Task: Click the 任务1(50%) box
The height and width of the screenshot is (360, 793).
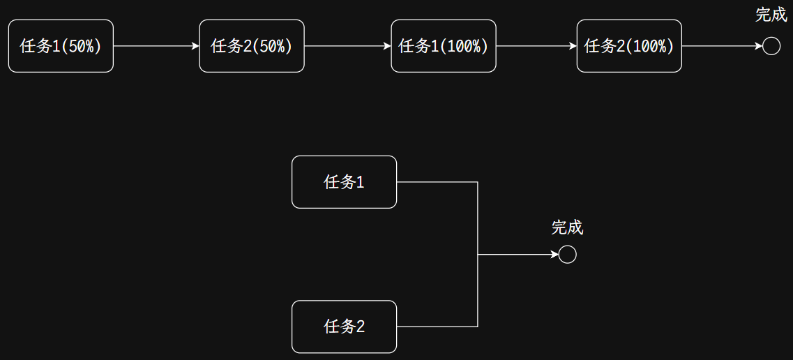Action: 61,46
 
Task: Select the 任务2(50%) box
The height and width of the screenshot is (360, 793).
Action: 252,46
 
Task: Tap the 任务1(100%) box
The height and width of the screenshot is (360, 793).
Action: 444,46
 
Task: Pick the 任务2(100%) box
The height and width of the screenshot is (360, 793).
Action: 629,46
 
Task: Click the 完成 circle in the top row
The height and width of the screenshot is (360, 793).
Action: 771,46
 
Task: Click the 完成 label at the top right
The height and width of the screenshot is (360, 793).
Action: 771,15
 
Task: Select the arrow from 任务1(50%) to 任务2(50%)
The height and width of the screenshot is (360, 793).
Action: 156,46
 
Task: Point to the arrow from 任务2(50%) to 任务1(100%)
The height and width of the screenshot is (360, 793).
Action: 347,46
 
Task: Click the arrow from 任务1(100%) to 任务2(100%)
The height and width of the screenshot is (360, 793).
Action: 536,46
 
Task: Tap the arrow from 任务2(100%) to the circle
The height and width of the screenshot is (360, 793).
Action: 722,46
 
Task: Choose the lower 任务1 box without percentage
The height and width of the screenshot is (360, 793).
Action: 344,182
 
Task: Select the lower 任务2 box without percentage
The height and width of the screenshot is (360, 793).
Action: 344,327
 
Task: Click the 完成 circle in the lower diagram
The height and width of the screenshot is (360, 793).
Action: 568,255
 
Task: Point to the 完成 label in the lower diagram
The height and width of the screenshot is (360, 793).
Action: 567,227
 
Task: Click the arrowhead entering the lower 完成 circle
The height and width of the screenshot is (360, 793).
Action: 554,255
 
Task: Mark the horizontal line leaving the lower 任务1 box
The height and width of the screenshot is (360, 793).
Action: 437,182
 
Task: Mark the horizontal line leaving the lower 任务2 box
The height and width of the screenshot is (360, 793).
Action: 437,327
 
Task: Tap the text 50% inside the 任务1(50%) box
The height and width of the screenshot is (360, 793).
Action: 84,46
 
